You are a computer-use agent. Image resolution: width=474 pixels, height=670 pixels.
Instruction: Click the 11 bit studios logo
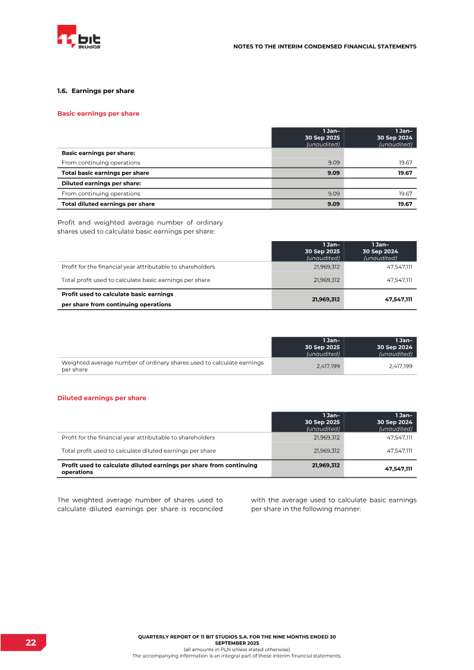79,38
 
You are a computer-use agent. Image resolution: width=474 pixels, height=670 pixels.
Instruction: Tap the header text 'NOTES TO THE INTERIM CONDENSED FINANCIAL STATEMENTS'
325,46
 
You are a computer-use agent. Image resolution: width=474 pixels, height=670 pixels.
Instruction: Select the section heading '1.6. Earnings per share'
95,91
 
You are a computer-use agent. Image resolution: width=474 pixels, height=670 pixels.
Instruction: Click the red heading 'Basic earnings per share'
98,113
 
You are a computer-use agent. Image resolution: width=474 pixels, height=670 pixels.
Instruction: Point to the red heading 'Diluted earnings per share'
101,398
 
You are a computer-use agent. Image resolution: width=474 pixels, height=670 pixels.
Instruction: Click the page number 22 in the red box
30,643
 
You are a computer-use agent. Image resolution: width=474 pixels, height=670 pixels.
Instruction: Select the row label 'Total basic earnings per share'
105,173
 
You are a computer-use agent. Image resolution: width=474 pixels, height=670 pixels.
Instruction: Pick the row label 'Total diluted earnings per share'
108,204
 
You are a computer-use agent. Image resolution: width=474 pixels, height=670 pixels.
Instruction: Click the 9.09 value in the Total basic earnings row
333,173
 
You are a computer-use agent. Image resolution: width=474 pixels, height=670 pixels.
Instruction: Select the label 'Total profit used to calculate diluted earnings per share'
139,450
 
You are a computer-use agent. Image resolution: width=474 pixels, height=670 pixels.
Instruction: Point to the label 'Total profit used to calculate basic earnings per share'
136,280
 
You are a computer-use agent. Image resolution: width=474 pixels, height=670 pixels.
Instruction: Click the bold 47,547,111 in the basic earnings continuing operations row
398,299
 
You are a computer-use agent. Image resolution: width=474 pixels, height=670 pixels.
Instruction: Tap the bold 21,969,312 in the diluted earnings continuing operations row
325,466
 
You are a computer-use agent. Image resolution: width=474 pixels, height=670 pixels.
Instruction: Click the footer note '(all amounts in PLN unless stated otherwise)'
236,649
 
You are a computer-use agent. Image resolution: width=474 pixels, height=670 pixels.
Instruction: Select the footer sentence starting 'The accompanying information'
236,656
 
